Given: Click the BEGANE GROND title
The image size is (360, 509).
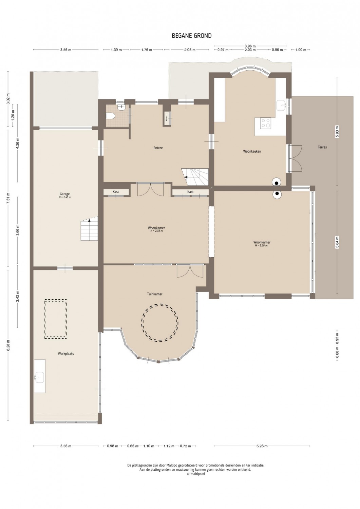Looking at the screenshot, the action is [x=192, y=36].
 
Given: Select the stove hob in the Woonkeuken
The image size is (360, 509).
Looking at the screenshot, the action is [x=265, y=123].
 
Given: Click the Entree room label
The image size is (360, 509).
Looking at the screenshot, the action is [x=158, y=148].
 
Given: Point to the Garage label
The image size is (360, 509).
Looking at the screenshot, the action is [x=64, y=194].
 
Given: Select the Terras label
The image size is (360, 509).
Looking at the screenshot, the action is [x=322, y=147].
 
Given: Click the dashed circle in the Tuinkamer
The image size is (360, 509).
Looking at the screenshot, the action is [x=160, y=304].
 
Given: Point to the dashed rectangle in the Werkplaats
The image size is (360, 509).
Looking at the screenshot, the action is [x=55, y=300].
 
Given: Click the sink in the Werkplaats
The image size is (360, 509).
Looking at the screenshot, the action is [x=39, y=378].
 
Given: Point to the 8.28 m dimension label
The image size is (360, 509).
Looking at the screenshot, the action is [x=8, y=346].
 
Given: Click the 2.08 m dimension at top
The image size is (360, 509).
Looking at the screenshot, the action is [x=190, y=50].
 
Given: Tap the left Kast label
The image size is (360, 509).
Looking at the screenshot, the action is [x=116, y=192].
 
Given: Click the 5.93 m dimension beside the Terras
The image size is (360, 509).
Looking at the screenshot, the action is [x=337, y=132].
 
